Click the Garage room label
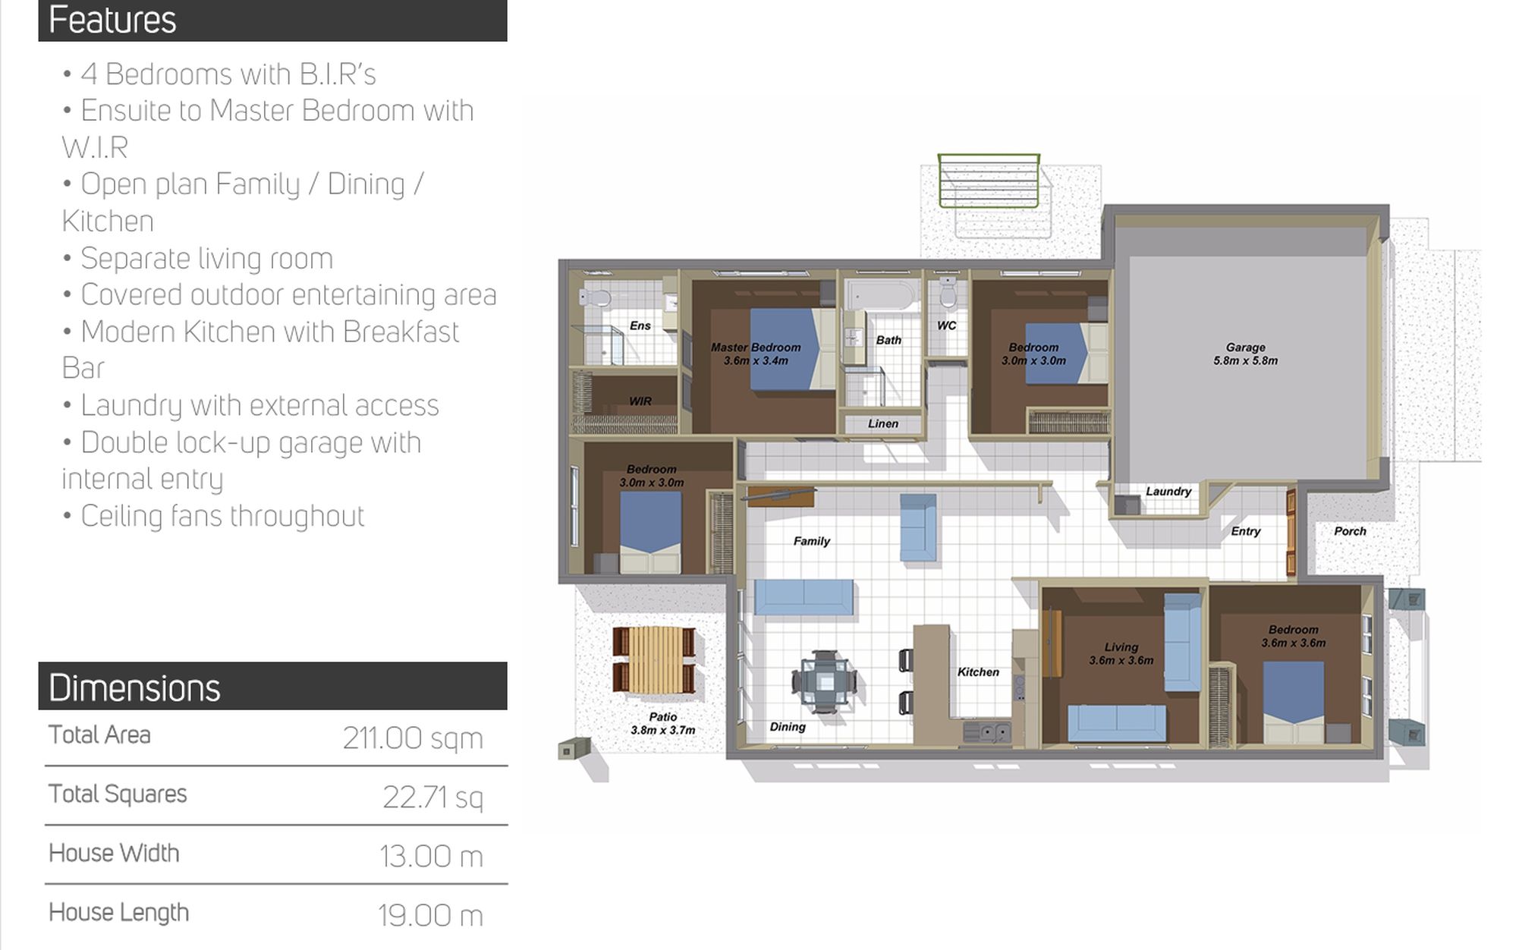1245,354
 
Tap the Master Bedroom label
756,354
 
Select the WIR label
640,401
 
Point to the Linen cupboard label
883,423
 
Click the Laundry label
1168,492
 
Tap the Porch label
1350,531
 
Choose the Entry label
1246,531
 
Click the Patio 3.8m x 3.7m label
663,724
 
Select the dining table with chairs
824,682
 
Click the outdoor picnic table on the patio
653,661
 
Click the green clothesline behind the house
989,181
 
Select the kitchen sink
987,733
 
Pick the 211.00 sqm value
413,738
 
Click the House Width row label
114,854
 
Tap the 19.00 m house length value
430,916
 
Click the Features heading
112,20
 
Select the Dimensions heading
134,688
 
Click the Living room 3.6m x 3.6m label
1121,654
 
